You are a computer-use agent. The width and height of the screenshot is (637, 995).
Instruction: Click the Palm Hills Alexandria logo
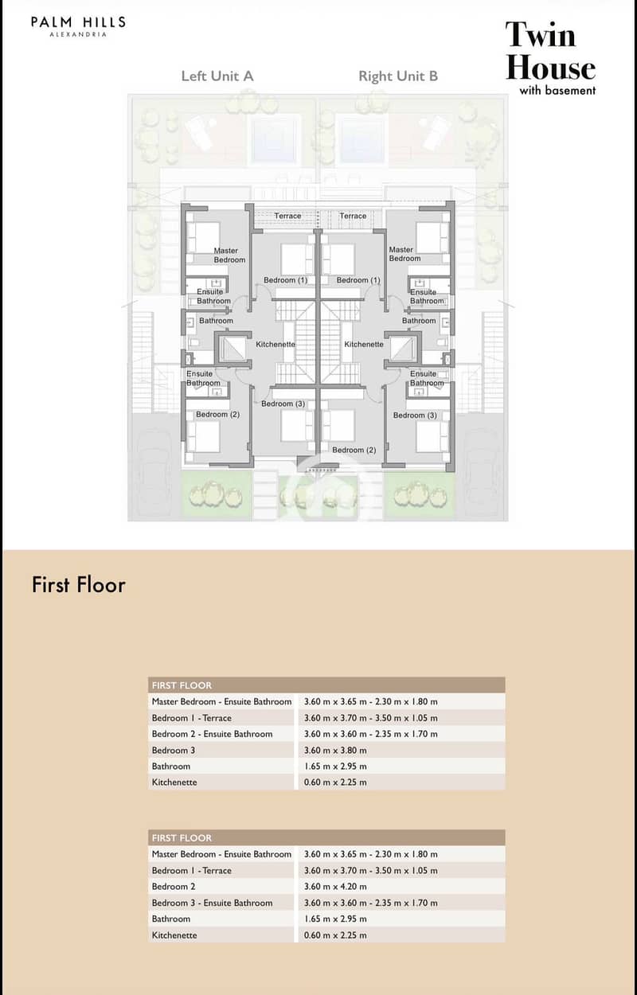(x=78, y=26)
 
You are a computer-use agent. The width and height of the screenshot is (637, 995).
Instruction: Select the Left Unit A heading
(x=217, y=76)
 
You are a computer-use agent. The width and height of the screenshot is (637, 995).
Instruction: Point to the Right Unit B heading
(x=398, y=76)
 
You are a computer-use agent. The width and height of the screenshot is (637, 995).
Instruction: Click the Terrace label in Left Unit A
(x=287, y=216)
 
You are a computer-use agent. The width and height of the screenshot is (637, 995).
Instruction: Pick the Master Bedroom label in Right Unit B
(x=404, y=254)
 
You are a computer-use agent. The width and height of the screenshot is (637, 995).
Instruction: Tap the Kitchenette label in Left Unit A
(x=276, y=344)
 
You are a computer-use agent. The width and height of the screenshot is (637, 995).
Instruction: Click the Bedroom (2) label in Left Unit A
(x=217, y=415)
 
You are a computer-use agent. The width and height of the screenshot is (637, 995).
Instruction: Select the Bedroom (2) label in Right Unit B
(x=354, y=450)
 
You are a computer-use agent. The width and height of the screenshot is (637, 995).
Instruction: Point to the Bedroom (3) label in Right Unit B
(x=415, y=416)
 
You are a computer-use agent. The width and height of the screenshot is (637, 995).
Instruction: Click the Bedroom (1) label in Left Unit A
(x=285, y=280)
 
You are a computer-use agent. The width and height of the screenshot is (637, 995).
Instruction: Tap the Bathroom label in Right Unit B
(x=419, y=321)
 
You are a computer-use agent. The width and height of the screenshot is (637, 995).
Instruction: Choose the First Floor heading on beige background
(x=79, y=584)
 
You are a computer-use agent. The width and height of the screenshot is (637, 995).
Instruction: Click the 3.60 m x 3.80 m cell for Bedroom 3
(x=335, y=751)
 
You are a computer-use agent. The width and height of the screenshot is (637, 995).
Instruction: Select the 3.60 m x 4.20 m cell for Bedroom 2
(x=335, y=887)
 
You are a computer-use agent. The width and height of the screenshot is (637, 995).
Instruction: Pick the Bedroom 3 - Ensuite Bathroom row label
(x=212, y=903)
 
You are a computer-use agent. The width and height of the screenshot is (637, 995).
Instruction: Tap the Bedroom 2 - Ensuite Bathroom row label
(x=212, y=734)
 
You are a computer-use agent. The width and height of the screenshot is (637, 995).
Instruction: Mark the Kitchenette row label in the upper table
(x=174, y=782)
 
